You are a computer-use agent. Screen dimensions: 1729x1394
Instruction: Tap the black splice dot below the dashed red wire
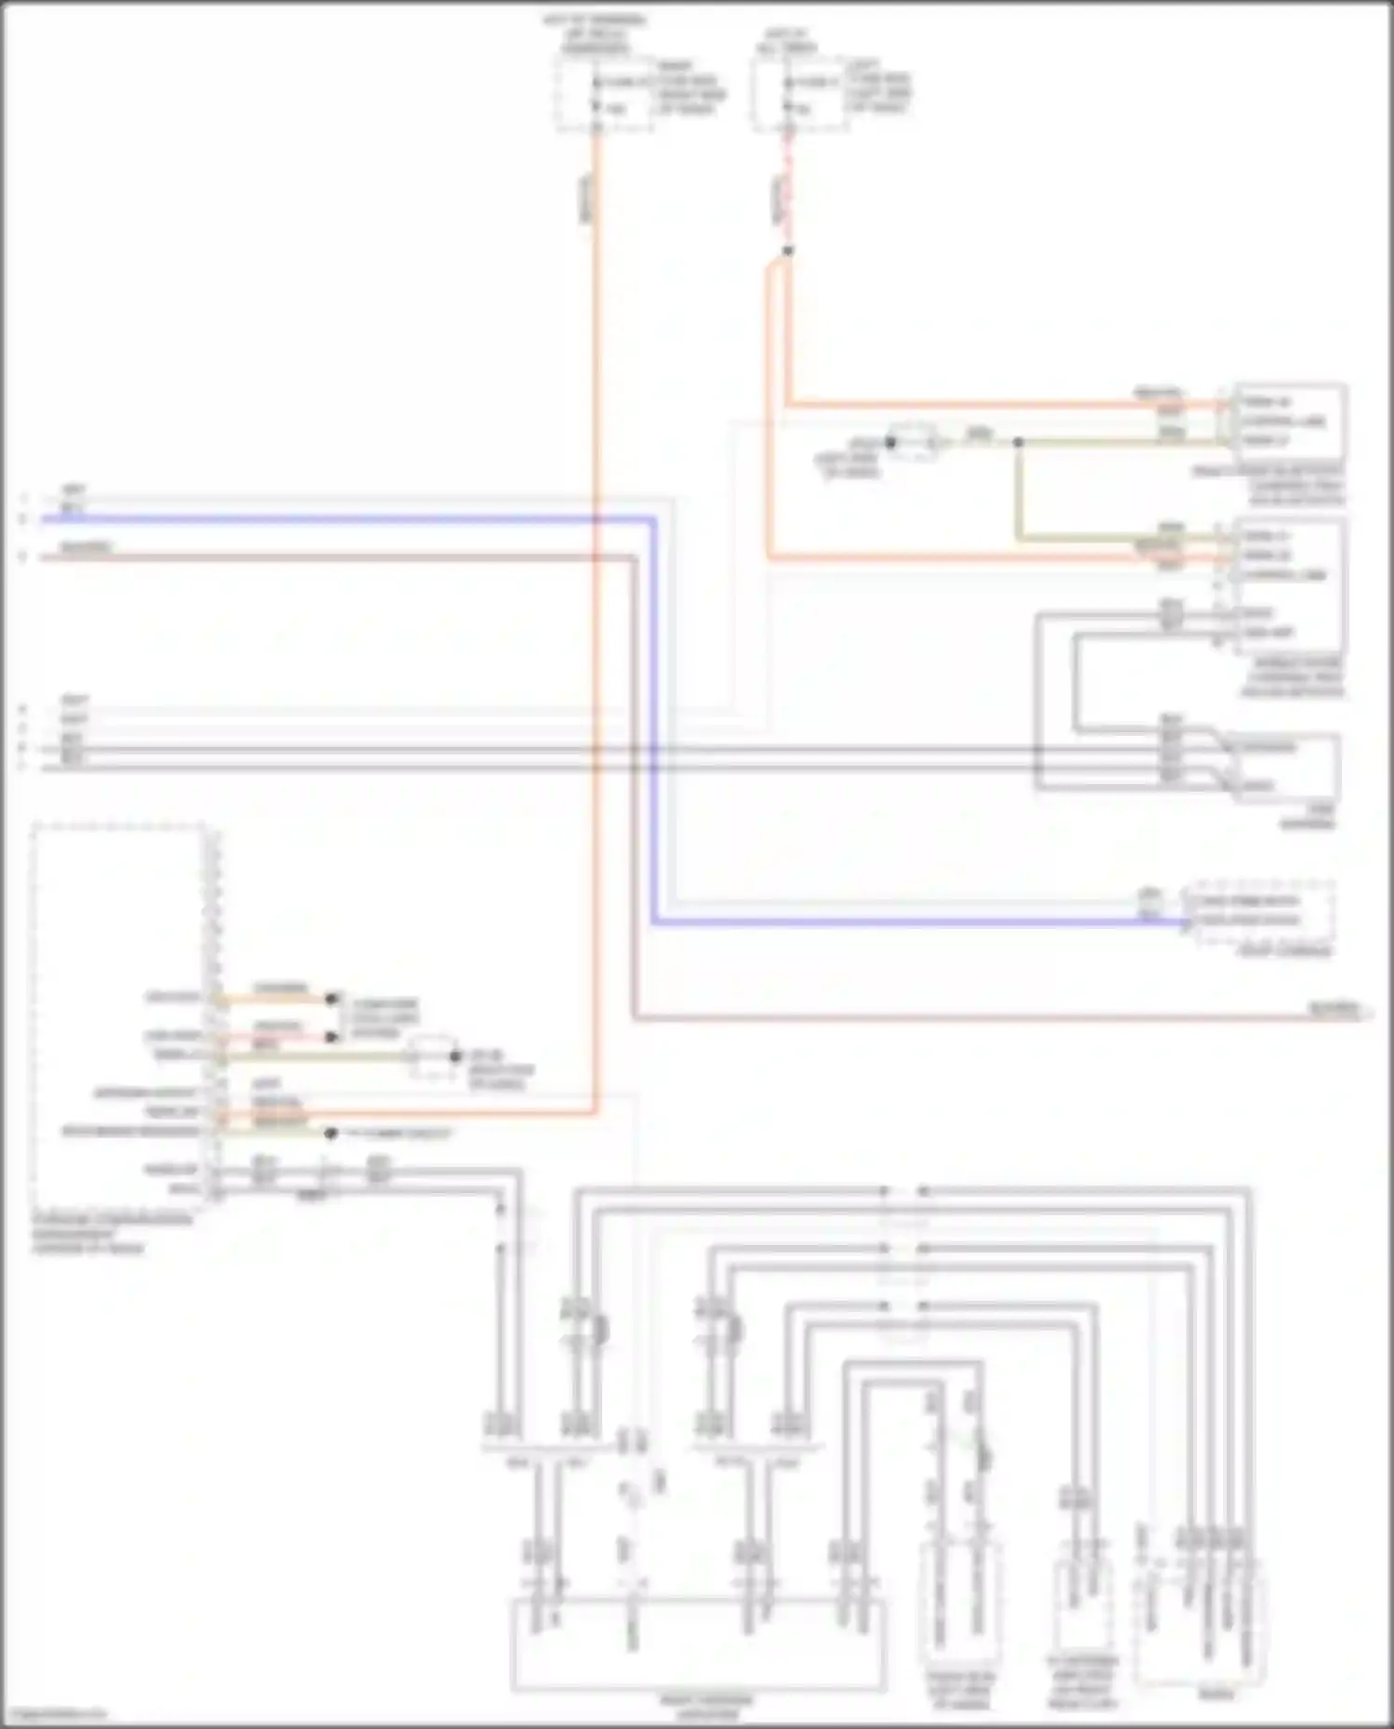pos(788,251)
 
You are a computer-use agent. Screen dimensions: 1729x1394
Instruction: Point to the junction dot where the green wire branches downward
pos(1018,443)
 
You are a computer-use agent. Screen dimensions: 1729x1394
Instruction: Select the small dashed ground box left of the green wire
pos(915,443)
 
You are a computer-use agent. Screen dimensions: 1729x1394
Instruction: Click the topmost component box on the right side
pos(1288,422)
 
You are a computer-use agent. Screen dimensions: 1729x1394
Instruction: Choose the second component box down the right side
pos(1288,585)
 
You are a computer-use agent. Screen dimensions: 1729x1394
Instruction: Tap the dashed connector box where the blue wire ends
pos(1262,911)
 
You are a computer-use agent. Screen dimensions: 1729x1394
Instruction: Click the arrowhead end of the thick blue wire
pos(1187,923)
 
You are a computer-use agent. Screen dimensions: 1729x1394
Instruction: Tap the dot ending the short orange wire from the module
pos(330,999)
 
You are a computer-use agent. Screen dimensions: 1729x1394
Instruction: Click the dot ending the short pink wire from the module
pos(330,1037)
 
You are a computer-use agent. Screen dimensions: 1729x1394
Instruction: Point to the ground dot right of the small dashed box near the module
pos(454,1057)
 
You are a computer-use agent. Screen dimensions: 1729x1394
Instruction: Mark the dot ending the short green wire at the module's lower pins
pos(330,1133)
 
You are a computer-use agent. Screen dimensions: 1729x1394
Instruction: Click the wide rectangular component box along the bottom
pos(697,1644)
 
